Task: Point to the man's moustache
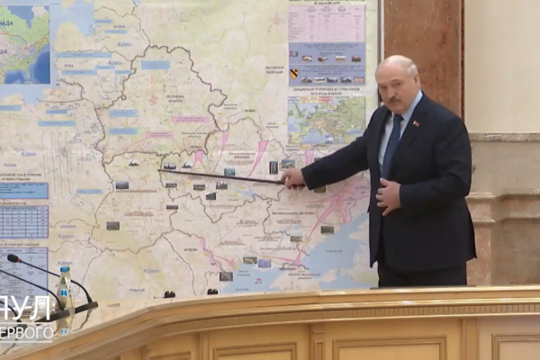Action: tap(394, 100)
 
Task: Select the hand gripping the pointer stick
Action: tap(292, 177)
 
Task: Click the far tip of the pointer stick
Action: tap(161, 170)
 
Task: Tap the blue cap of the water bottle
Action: tap(64, 271)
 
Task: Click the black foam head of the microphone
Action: tap(14, 259)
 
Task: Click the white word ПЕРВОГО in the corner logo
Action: tap(27, 332)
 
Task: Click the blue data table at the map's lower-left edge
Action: tap(23, 221)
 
